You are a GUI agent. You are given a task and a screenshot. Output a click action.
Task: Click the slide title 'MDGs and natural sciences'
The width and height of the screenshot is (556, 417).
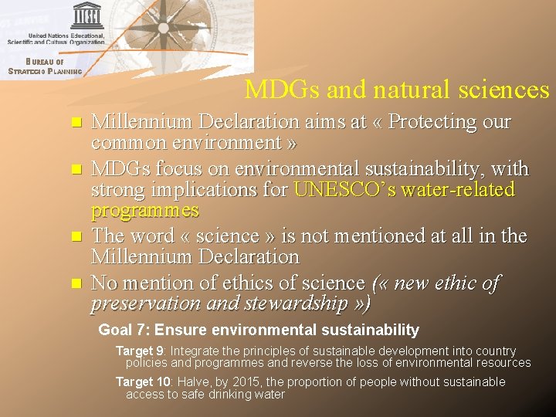[397, 90]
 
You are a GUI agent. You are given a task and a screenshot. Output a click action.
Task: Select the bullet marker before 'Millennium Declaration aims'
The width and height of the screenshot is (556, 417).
[75, 123]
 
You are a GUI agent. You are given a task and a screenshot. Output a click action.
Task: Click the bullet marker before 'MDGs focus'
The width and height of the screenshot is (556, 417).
[75, 168]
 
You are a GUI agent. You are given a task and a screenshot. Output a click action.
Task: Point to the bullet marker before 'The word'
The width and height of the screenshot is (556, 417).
[75, 236]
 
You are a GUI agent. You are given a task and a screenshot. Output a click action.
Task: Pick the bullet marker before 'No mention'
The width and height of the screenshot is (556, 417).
[75, 283]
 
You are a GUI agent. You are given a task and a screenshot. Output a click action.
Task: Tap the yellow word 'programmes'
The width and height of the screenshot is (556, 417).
[145, 211]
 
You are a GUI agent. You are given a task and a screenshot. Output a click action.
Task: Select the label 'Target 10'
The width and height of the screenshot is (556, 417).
[144, 381]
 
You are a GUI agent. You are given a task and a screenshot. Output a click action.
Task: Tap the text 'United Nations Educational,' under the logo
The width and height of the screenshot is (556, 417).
[66, 36]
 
